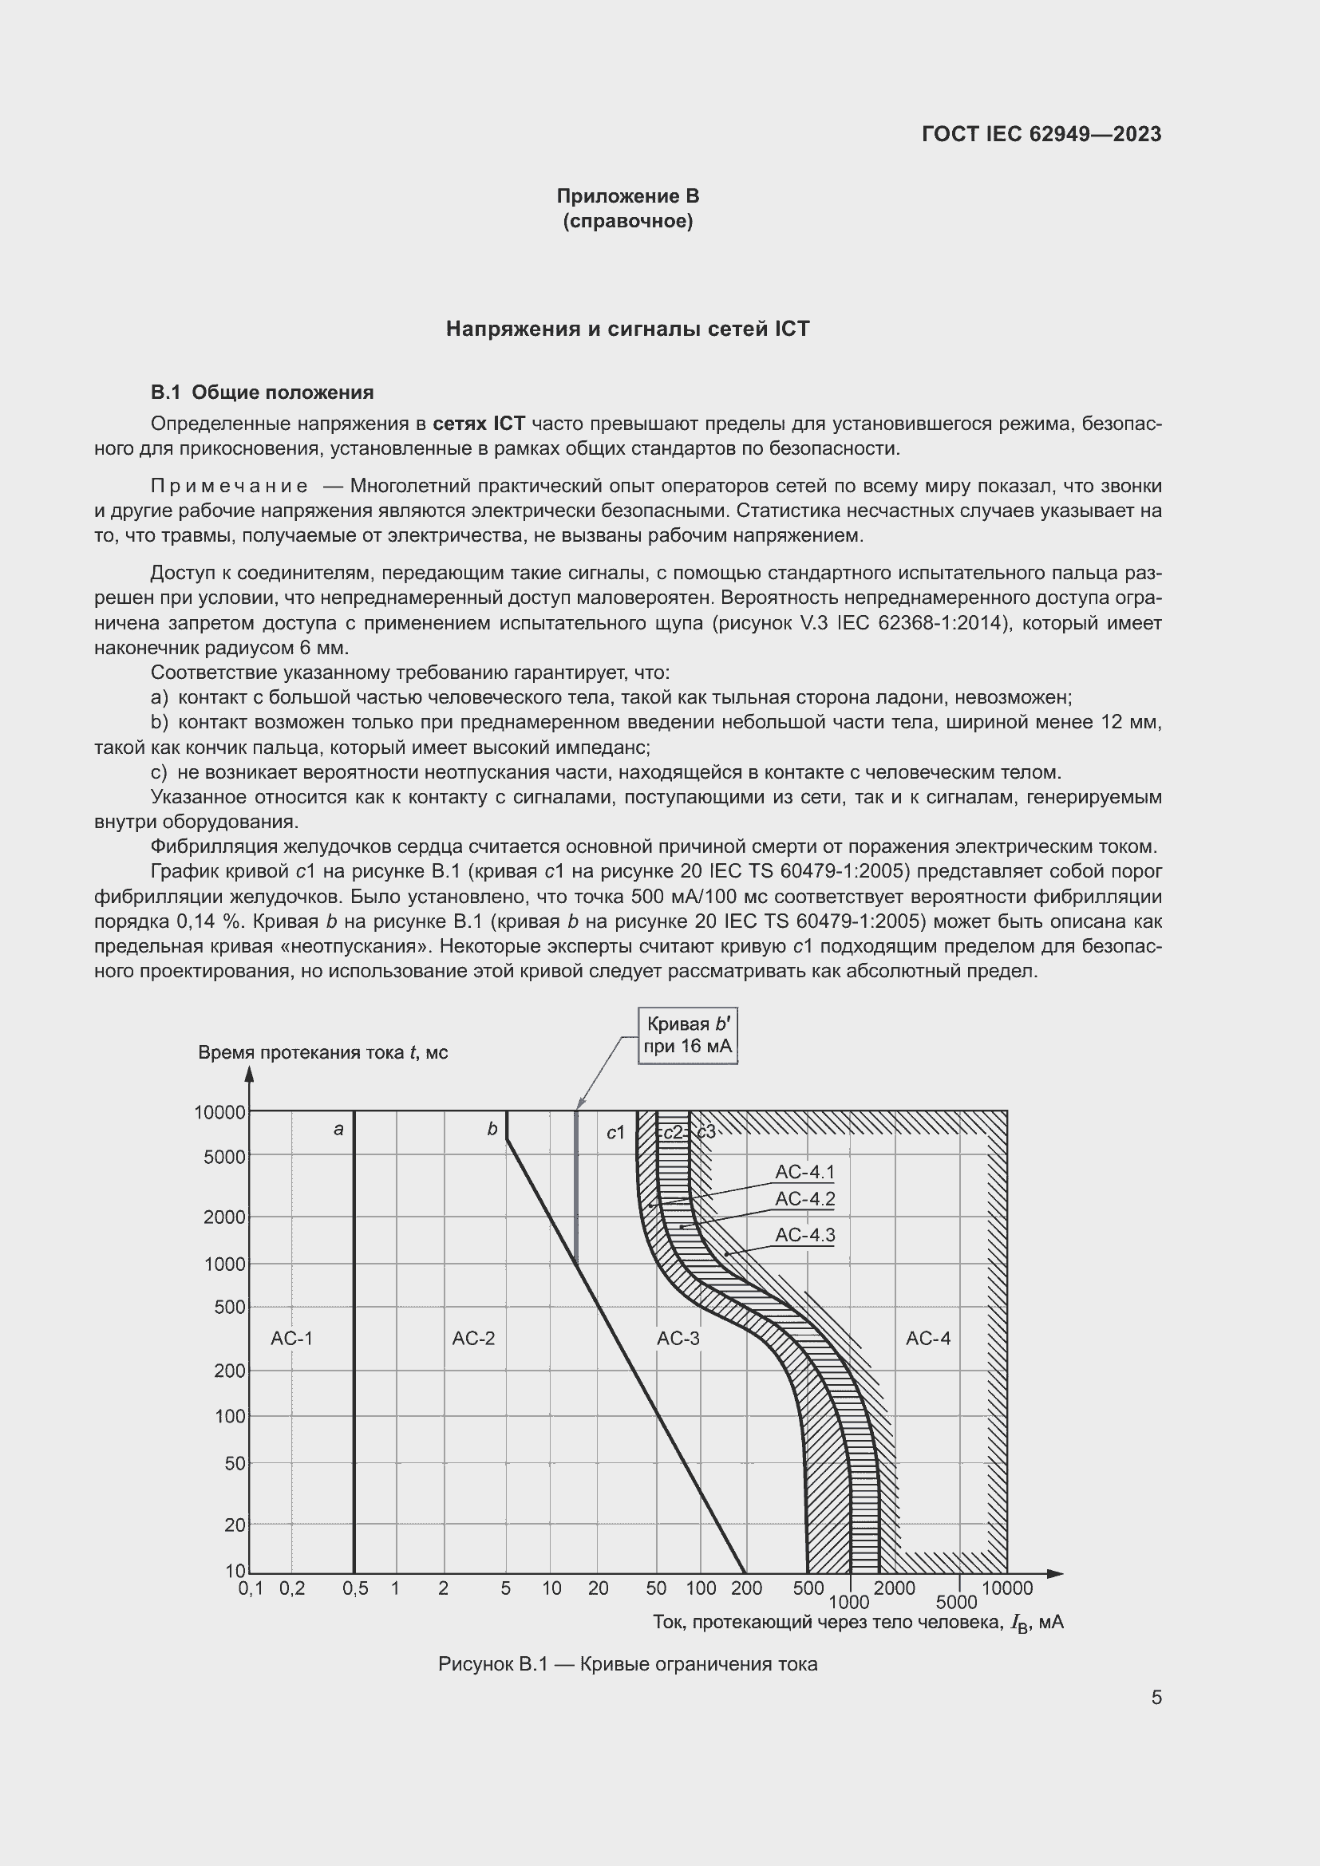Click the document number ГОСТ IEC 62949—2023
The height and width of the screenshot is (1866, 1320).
pyautogui.click(x=1041, y=134)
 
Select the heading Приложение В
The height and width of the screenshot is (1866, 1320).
pyautogui.click(x=627, y=196)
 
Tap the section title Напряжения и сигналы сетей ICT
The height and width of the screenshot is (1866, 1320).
pyautogui.click(x=627, y=329)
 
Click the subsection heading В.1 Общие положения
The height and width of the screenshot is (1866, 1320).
pyautogui.click(x=262, y=393)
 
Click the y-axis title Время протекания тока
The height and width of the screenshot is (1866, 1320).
pyautogui.click(x=322, y=1052)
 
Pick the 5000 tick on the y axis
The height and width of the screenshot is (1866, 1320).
pyautogui.click(x=224, y=1157)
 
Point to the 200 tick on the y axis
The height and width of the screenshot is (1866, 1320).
pyautogui.click(x=230, y=1371)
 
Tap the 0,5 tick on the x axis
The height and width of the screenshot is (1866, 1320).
pyautogui.click(x=355, y=1588)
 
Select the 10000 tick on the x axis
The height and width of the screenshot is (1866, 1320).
pyautogui.click(x=1007, y=1588)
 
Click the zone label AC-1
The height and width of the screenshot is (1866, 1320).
pyautogui.click(x=292, y=1338)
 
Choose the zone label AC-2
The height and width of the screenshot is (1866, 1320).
pyautogui.click(x=473, y=1338)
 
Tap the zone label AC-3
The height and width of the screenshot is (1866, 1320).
pyautogui.click(x=678, y=1338)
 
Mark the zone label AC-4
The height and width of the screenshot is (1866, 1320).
pyautogui.click(x=927, y=1338)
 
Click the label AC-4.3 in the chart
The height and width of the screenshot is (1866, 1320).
pyautogui.click(x=804, y=1234)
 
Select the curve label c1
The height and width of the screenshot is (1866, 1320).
pyautogui.click(x=615, y=1132)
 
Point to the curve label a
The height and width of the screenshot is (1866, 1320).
pyautogui.click(x=339, y=1129)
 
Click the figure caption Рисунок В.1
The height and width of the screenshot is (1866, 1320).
pyautogui.click(x=627, y=1663)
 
